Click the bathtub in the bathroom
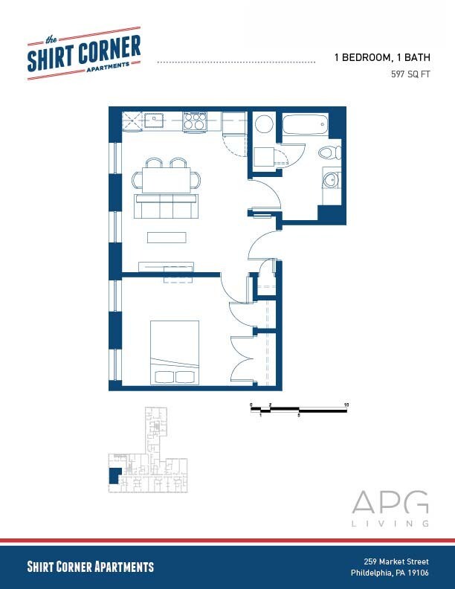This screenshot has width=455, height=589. click(305, 123)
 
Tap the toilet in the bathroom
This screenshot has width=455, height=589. click(328, 153)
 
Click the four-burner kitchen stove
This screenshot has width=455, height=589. click(195, 121)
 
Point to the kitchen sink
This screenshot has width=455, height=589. click(154, 120)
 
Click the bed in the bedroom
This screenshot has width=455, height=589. click(175, 352)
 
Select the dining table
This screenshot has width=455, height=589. click(167, 179)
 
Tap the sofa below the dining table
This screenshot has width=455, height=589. click(166, 206)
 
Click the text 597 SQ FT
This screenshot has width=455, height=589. click(412, 74)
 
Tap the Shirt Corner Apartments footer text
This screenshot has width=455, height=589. click(90, 567)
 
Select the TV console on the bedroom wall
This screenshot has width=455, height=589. click(167, 266)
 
